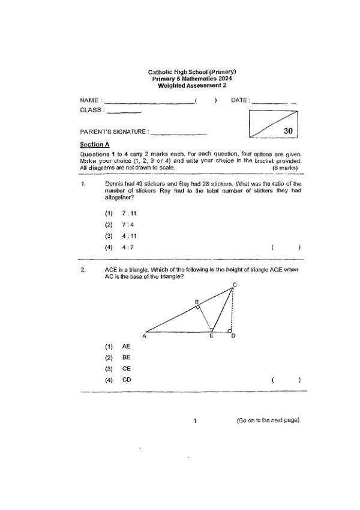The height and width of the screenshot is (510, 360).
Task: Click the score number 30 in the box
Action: pyautogui.click(x=287, y=130)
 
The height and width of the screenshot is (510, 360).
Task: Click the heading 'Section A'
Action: pyautogui.click(x=95, y=145)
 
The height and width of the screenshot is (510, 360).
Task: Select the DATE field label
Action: pyautogui.click(x=239, y=100)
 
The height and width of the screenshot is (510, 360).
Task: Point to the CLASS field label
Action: pyautogui.click(x=91, y=110)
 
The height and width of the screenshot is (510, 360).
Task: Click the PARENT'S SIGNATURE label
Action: pyautogui.click(x=113, y=132)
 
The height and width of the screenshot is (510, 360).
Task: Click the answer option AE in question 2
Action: pyautogui.click(x=126, y=347)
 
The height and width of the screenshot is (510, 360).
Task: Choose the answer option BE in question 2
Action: pyautogui.click(x=126, y=357)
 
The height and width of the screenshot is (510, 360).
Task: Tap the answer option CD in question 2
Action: pyautogui.click(x=126, y=380)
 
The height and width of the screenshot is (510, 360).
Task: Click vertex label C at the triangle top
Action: pyautogui.click(x=234, y=285)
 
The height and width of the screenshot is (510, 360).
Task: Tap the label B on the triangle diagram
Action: pyautogui.click(x=196, y=301)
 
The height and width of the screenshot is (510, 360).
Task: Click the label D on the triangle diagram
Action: pyautogui.click(x=233, y=336)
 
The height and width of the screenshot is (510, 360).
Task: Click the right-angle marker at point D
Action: pyautogui.click(x=229, y=330)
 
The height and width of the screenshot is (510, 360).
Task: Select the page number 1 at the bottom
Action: pyautogui.click(x=196, y=420)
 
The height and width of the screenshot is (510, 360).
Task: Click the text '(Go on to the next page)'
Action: pyautogui.click(x=268, y=420)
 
